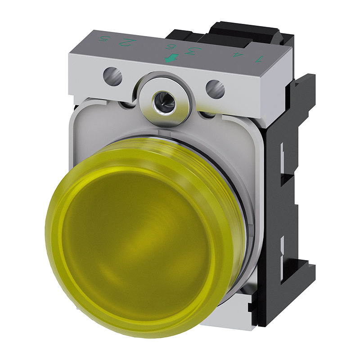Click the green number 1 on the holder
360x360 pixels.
tap(258, 59)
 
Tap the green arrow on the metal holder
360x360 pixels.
tap(170, 58)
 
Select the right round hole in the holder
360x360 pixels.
tap(216, 88)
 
